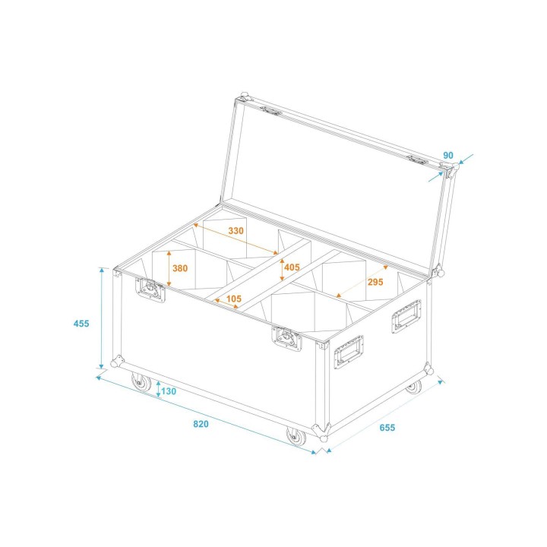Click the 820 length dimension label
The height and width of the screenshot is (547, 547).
pyautogui.click(x=200, y=424)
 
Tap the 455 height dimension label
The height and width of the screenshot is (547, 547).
pyautogui.click(x=81, y=324)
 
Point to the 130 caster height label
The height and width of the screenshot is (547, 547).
pyautogui.click(x=168, y=391)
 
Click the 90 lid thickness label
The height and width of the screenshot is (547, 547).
pyautogui.click(x=448, y=155)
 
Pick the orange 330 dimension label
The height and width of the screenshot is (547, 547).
pyautogui.click(x=236, y=231)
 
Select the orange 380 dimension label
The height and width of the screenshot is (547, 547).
pyautogui.click(x=180, y=268)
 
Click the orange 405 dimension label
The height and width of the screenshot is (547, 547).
pyautogui.click(x=292, y=267)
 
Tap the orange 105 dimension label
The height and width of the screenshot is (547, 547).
pyautogui.click(x=233, y=299)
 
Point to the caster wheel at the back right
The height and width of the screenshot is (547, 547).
pyautogui.click(x=413, y=387)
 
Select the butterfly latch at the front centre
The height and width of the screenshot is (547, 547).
pyautogui.click(x=286, y=337)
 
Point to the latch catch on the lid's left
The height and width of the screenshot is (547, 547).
pyautogui.click(x=272, y=111)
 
